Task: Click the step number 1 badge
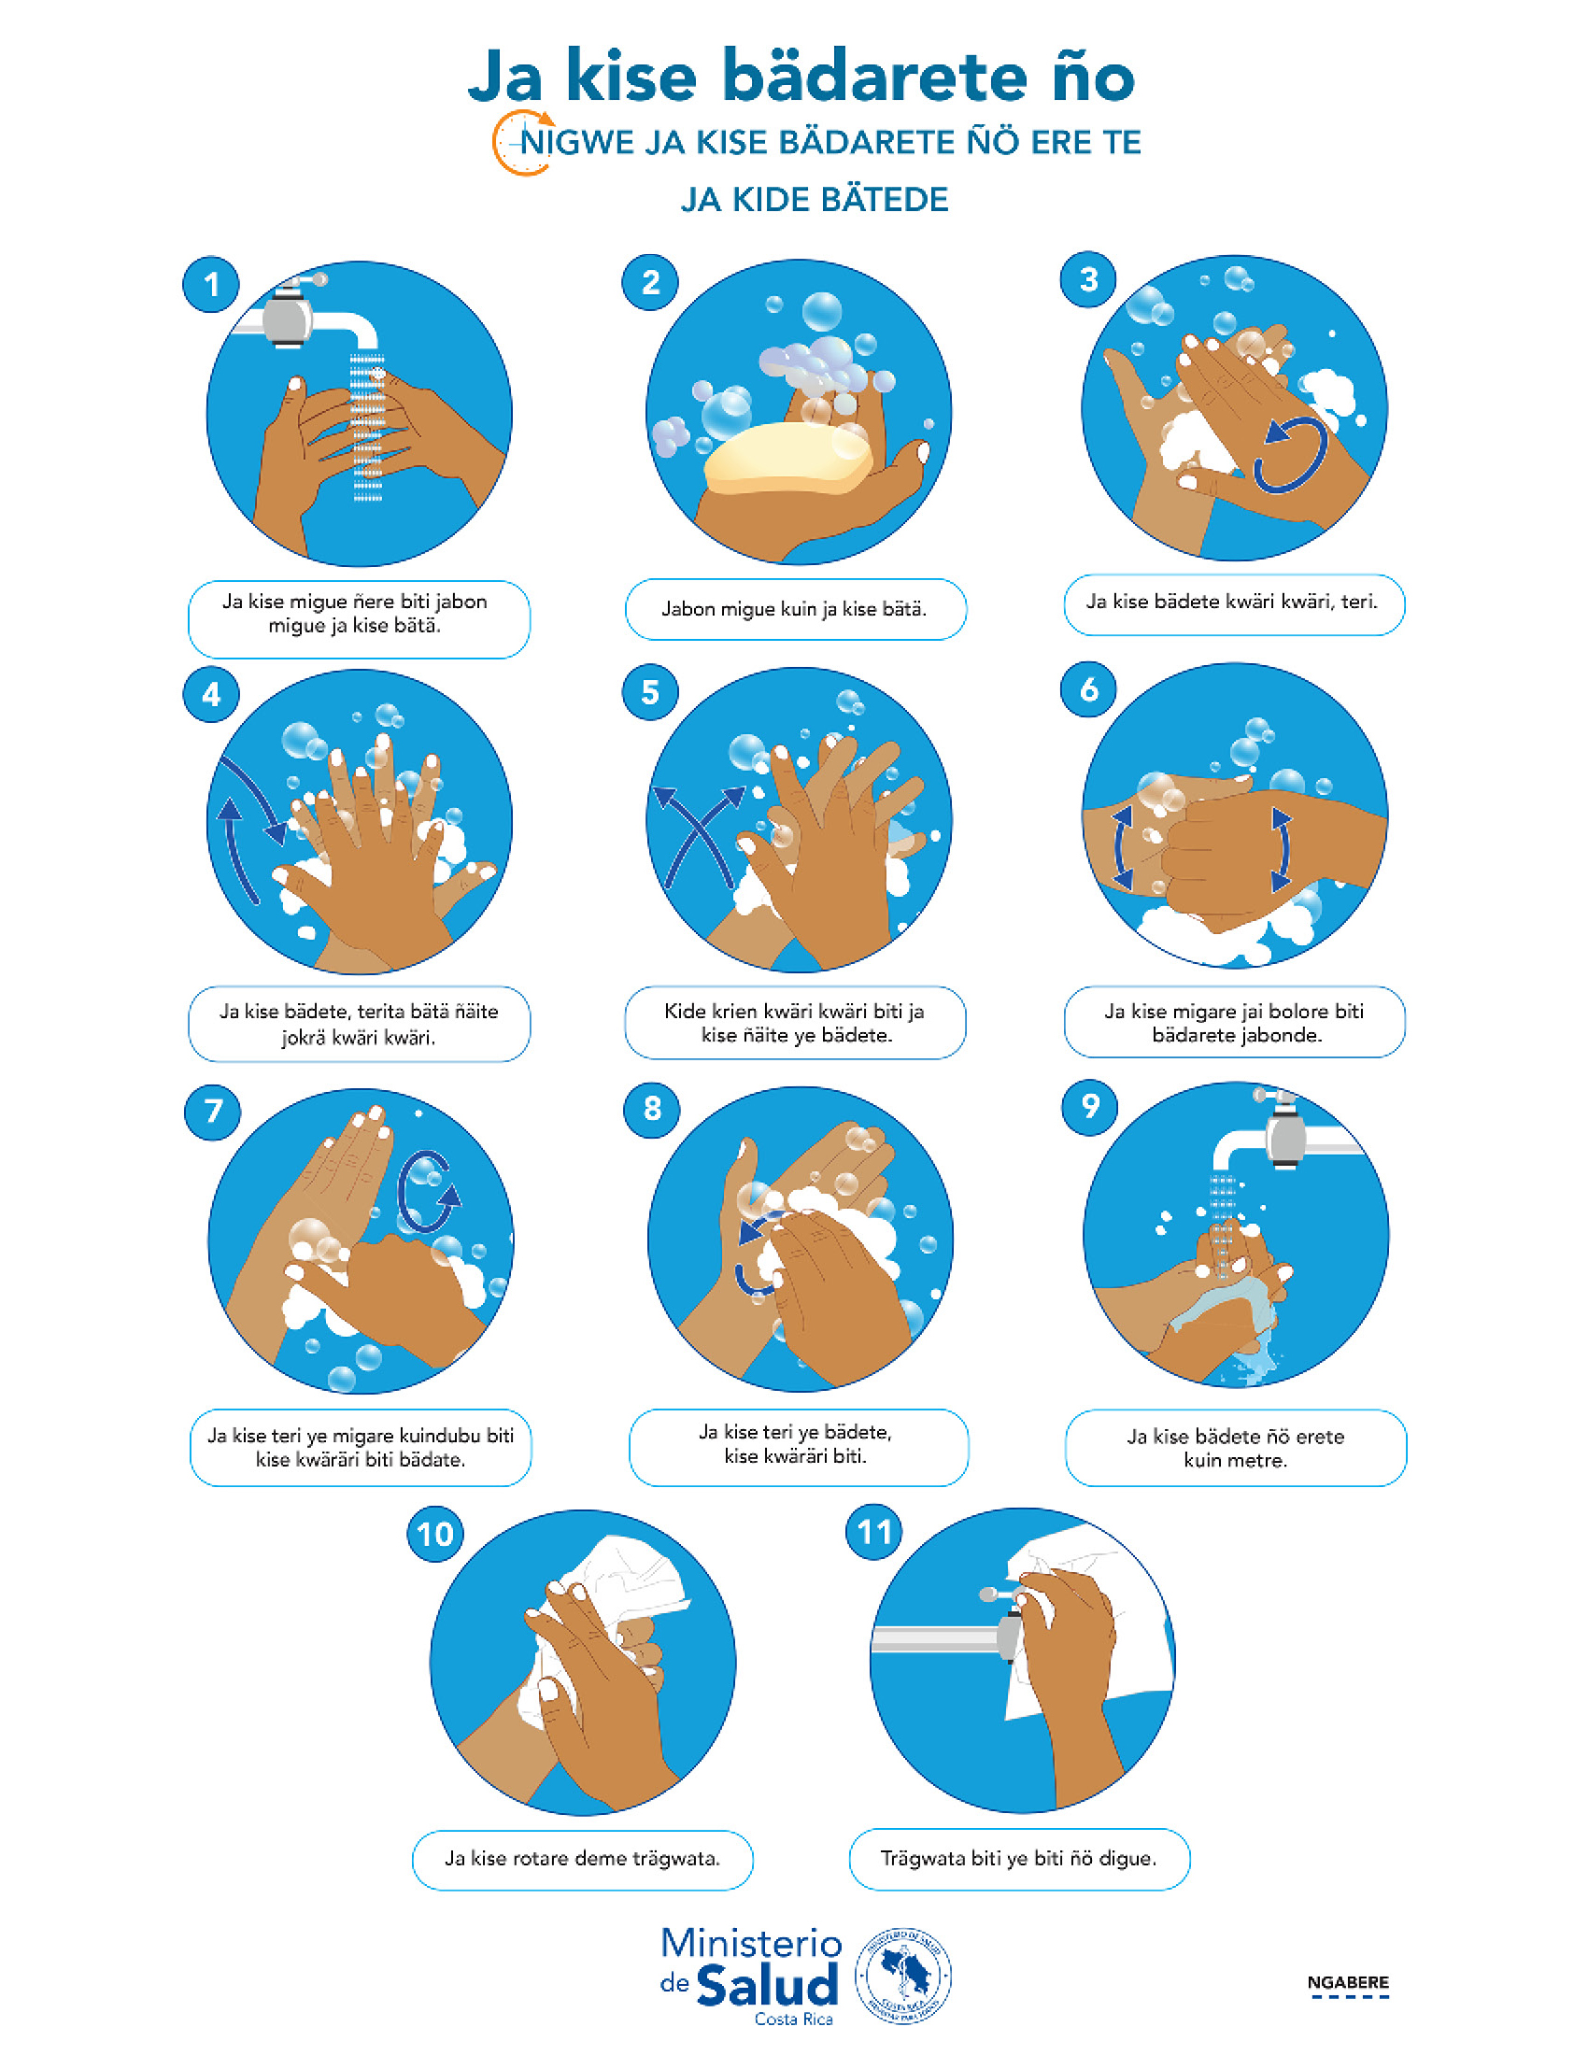(211, 284)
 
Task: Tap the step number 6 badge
(1088, 689)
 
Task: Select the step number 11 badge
(874, 1532)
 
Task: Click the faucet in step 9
(1287, 1133)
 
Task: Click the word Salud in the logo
(768, 1986)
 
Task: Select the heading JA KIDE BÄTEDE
(815, 201)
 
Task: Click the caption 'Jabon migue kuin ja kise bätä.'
(795, 609)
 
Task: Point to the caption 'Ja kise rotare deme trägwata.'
(582, 1858)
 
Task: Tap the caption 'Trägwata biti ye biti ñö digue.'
(1019, 1858)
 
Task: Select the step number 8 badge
(651, 1109)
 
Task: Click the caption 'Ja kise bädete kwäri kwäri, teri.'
(1232, 602)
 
